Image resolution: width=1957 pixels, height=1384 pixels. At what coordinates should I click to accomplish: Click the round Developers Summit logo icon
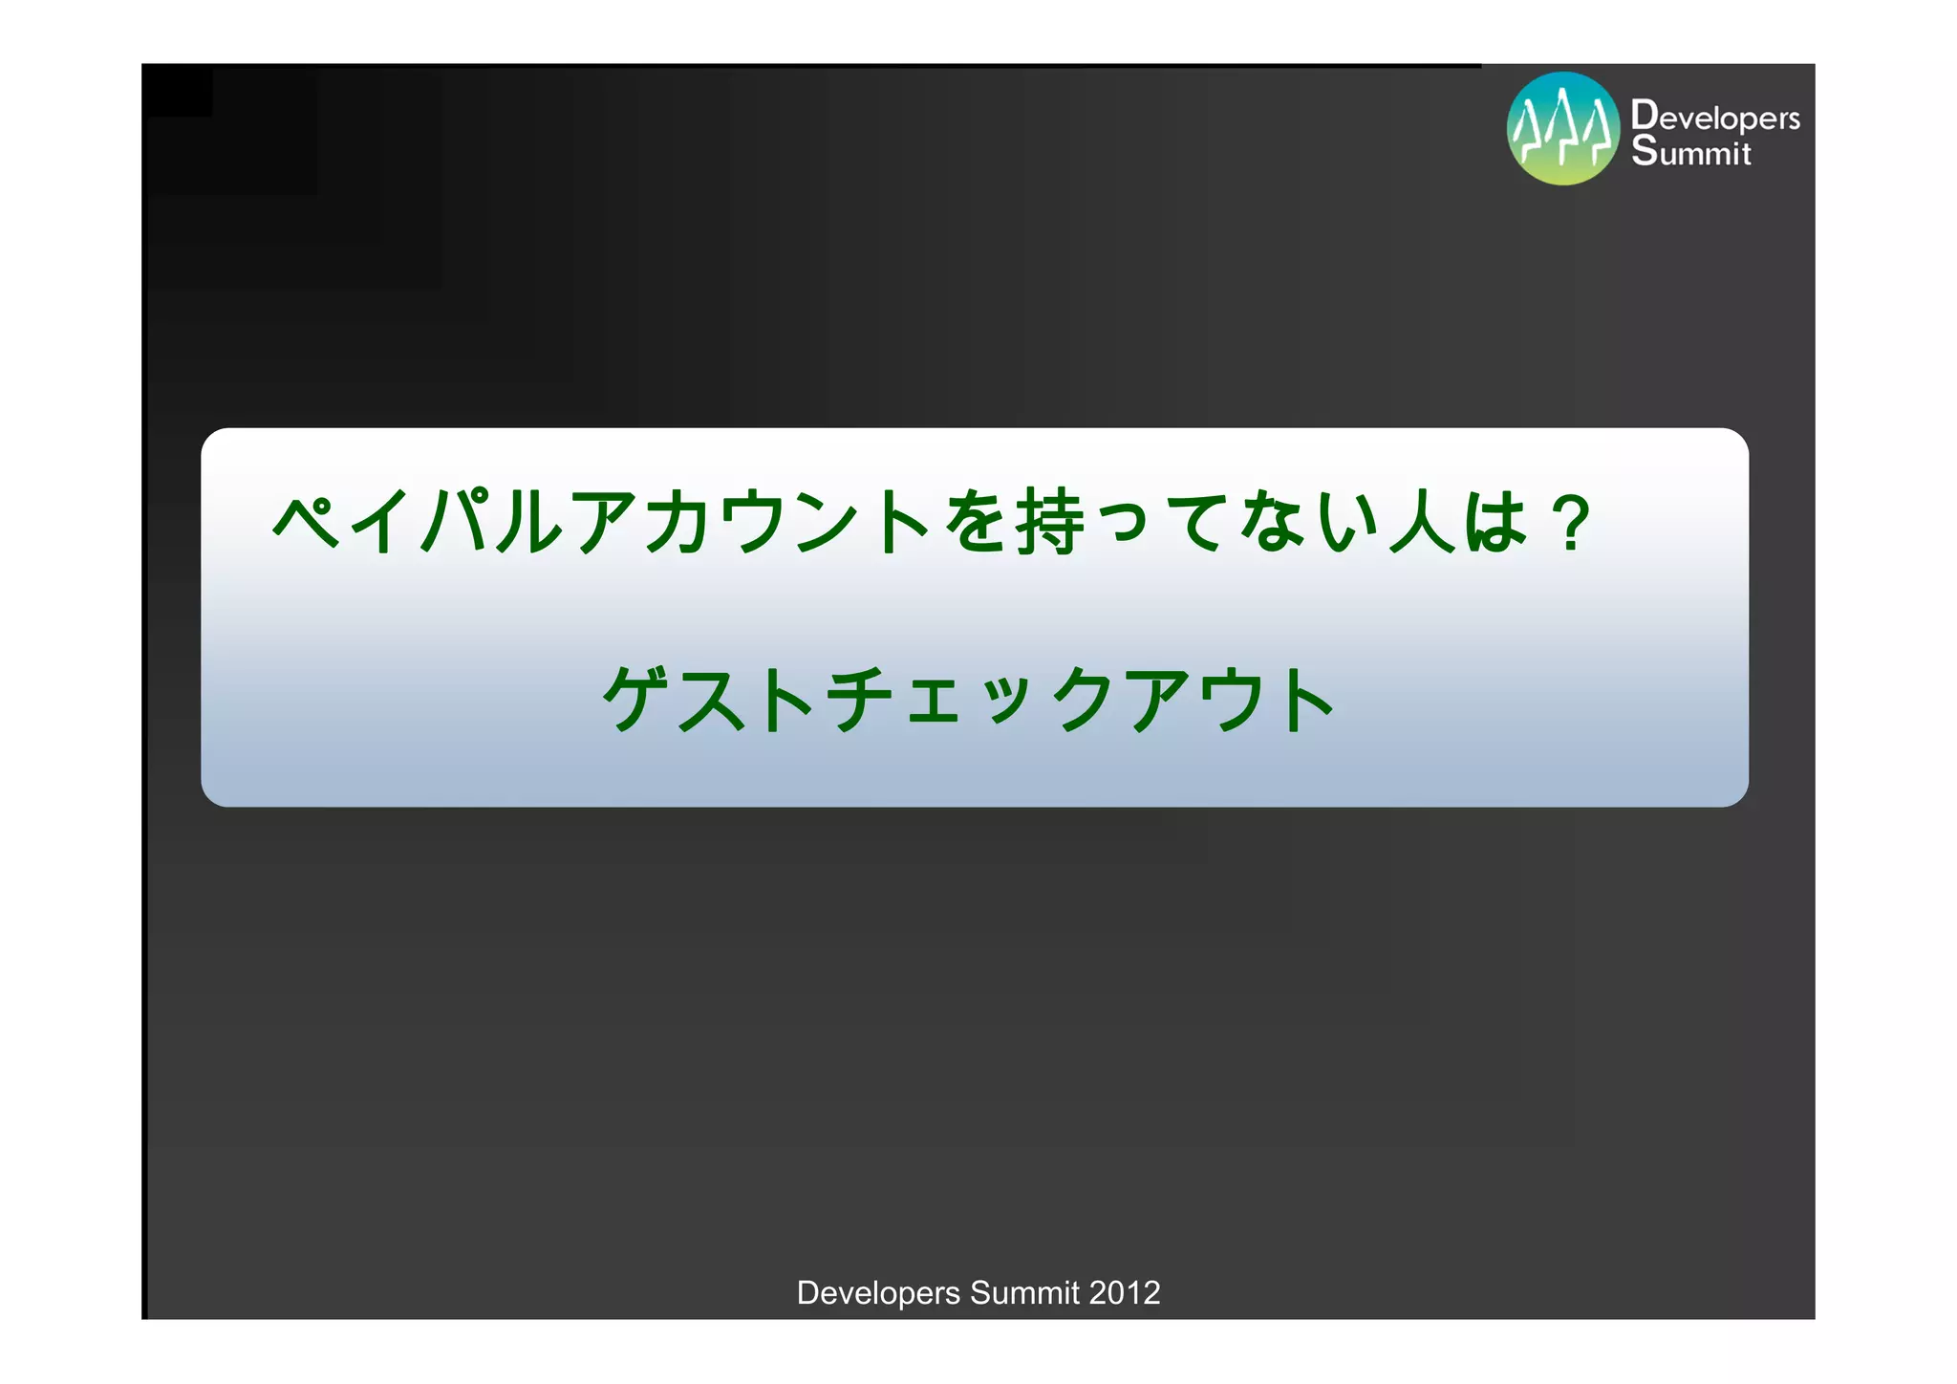click(x=1563, y=128)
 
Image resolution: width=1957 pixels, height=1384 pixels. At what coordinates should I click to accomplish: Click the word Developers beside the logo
click(x=1715, y=117)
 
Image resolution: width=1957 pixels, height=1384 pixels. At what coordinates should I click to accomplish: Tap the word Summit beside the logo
click(x=1691, y=152)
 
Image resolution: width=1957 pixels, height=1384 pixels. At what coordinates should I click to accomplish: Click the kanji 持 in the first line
click(x=1050, y=522)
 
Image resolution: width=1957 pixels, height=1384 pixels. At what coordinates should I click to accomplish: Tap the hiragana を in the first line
click(x=977, y=522)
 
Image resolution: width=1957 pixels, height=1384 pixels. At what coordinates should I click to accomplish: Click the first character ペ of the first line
click(x=308, y=522)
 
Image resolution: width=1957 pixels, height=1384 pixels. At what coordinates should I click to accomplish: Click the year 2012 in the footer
click(x=1125, y=1293)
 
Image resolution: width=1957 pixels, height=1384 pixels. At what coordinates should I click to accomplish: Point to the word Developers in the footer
click(x=878, y=1293)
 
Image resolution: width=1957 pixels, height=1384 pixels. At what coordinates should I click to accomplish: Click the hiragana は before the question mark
click(x=1495, y=522)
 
